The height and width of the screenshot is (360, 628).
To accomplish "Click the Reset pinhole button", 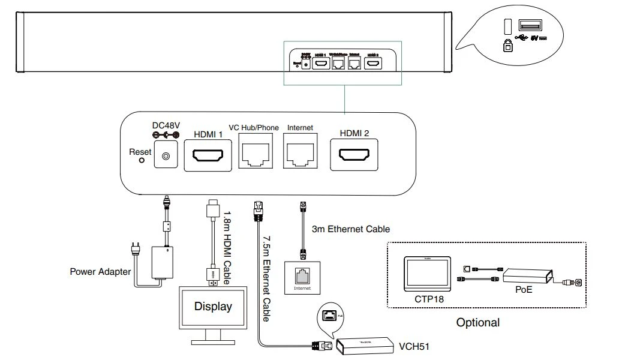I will click(x=142, y=161).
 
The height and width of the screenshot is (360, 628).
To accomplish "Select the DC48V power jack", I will click(x=166, y=157).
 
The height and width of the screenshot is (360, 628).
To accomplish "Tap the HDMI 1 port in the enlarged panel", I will click(x=208, y=156).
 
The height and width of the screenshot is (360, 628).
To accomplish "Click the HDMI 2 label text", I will click(x=354, y=133).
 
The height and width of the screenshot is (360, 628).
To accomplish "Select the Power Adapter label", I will click(x=100, y=272).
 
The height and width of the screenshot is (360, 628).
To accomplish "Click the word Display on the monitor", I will click(x=212, y=307).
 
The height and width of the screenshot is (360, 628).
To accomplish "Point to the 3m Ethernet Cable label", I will click(x=351, y=229).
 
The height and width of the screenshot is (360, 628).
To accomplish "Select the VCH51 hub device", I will click(x=363, y=346).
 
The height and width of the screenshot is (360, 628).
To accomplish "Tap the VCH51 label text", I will click(x=414, y=347).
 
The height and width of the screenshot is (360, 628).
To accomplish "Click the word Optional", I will click(x=477, y=323).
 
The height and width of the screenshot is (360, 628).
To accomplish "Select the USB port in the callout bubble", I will click(x=530, y=26).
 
